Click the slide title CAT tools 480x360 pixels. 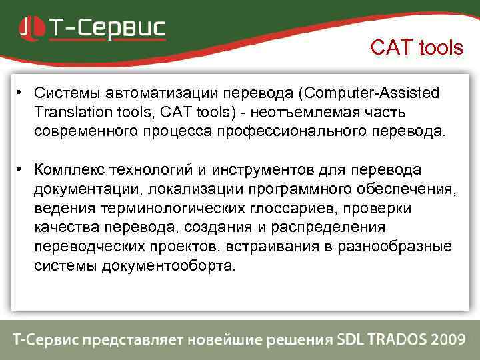(x=417, y=48)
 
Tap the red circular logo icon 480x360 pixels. (x=30, y=28)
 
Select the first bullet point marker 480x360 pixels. (x=21, y=91)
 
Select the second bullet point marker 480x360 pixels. (x=21, y=169)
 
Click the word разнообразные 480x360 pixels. (x=395, y=247)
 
